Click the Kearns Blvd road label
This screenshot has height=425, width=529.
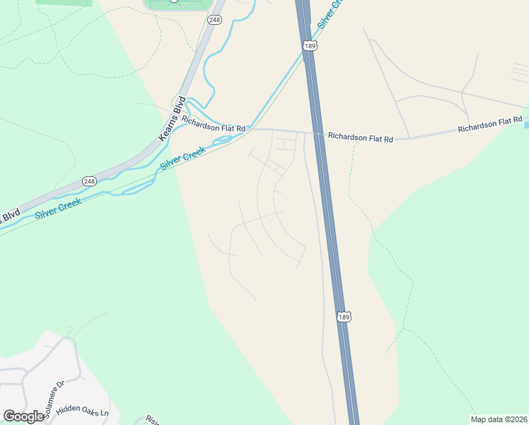[173, 118]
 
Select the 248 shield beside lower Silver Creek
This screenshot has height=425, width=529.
[88, 181]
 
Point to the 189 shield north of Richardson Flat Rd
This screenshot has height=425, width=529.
[309, 45]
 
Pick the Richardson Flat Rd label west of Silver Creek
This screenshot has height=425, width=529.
[213, 124]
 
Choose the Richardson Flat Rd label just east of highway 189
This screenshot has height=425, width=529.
[360, 137]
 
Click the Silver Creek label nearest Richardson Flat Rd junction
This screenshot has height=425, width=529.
[182, 157]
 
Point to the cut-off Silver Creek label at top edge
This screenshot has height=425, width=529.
[330, 13]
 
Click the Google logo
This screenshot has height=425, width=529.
[24, 416]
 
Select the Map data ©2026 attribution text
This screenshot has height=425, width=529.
[499, 419]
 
